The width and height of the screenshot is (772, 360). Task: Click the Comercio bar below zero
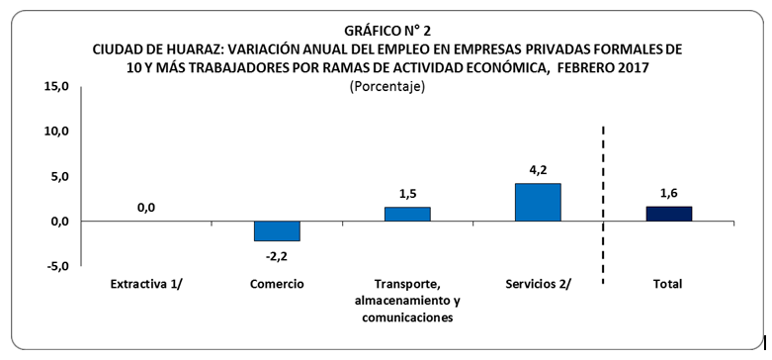277,231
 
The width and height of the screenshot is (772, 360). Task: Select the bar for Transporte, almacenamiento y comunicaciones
407,215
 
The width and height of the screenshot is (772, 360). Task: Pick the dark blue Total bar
668,214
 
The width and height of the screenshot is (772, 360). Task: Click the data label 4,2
539,169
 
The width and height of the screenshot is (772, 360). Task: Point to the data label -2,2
277,255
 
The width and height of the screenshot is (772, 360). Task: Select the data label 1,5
407,194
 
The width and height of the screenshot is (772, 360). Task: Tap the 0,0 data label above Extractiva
146,208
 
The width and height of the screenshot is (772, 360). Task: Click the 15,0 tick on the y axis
54,87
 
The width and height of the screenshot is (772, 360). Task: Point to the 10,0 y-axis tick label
54,132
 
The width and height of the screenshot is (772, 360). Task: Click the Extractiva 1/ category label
146,284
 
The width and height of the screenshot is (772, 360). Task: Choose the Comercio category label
277,284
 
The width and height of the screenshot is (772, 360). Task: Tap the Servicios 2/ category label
538,284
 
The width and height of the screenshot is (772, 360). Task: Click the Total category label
668,284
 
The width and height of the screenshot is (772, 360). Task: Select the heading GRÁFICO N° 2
386,30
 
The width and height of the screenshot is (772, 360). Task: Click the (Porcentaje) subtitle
386,87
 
